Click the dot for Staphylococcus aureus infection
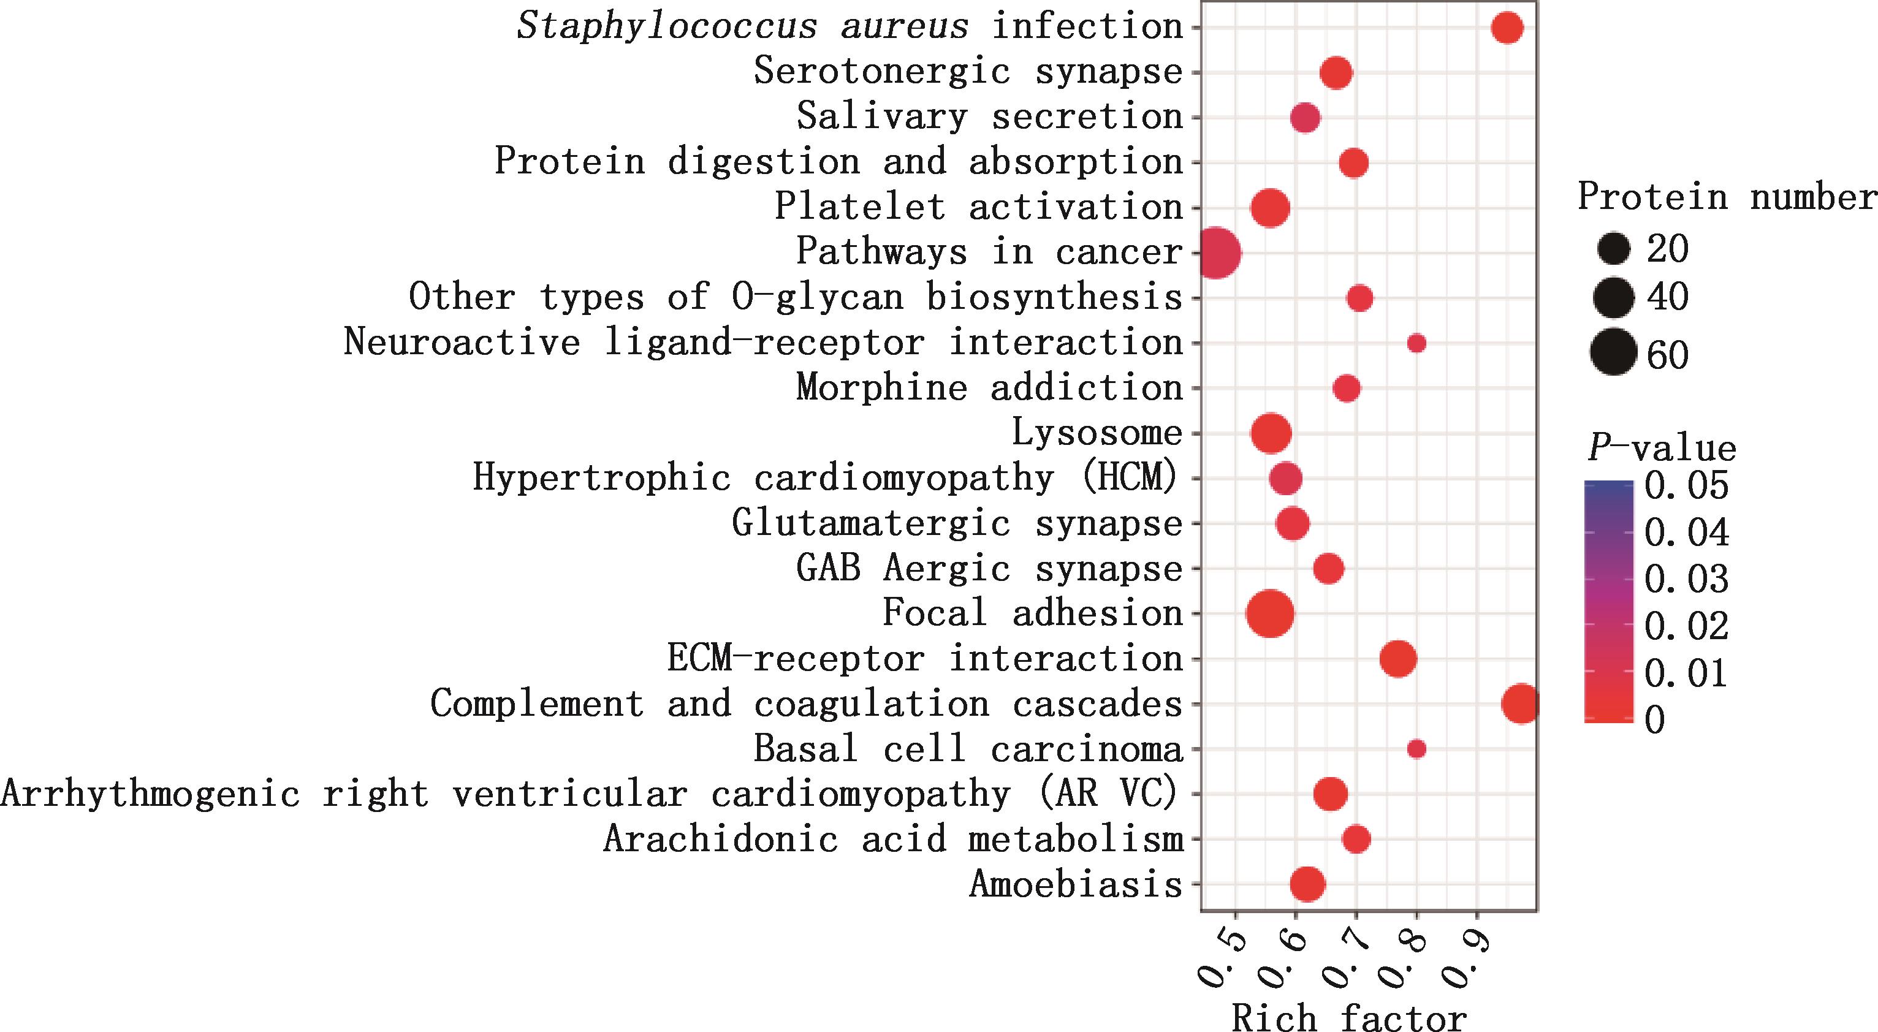click(1507, 28)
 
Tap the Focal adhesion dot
click(1270, 613)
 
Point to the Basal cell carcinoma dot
click(1416, 748)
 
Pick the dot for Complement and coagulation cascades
click(1521, 704)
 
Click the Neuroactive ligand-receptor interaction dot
click(1416, 343)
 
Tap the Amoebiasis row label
click(1075, 885)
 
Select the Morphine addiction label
click(989, 388)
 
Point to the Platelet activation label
click(978, 208)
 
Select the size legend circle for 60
click(1615, 355)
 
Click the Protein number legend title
click(1727, 197)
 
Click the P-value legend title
click(1662, 448)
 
